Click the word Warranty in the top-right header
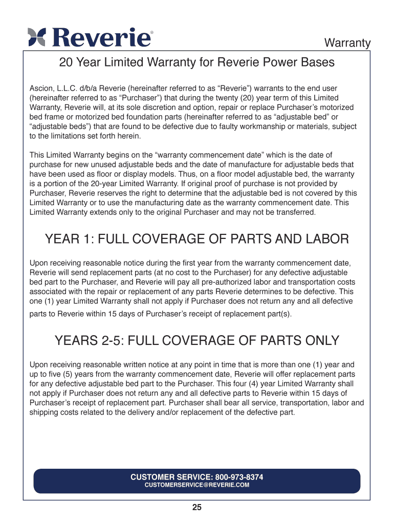(348, 43)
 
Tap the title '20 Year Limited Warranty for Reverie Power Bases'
(197, 63)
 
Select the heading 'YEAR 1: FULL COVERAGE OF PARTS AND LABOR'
(197, 239)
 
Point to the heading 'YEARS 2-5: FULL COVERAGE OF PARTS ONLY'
(197, 340)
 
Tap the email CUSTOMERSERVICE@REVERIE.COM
(197, 485)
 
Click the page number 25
(197, 508)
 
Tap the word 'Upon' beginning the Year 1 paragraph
(39, 263)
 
